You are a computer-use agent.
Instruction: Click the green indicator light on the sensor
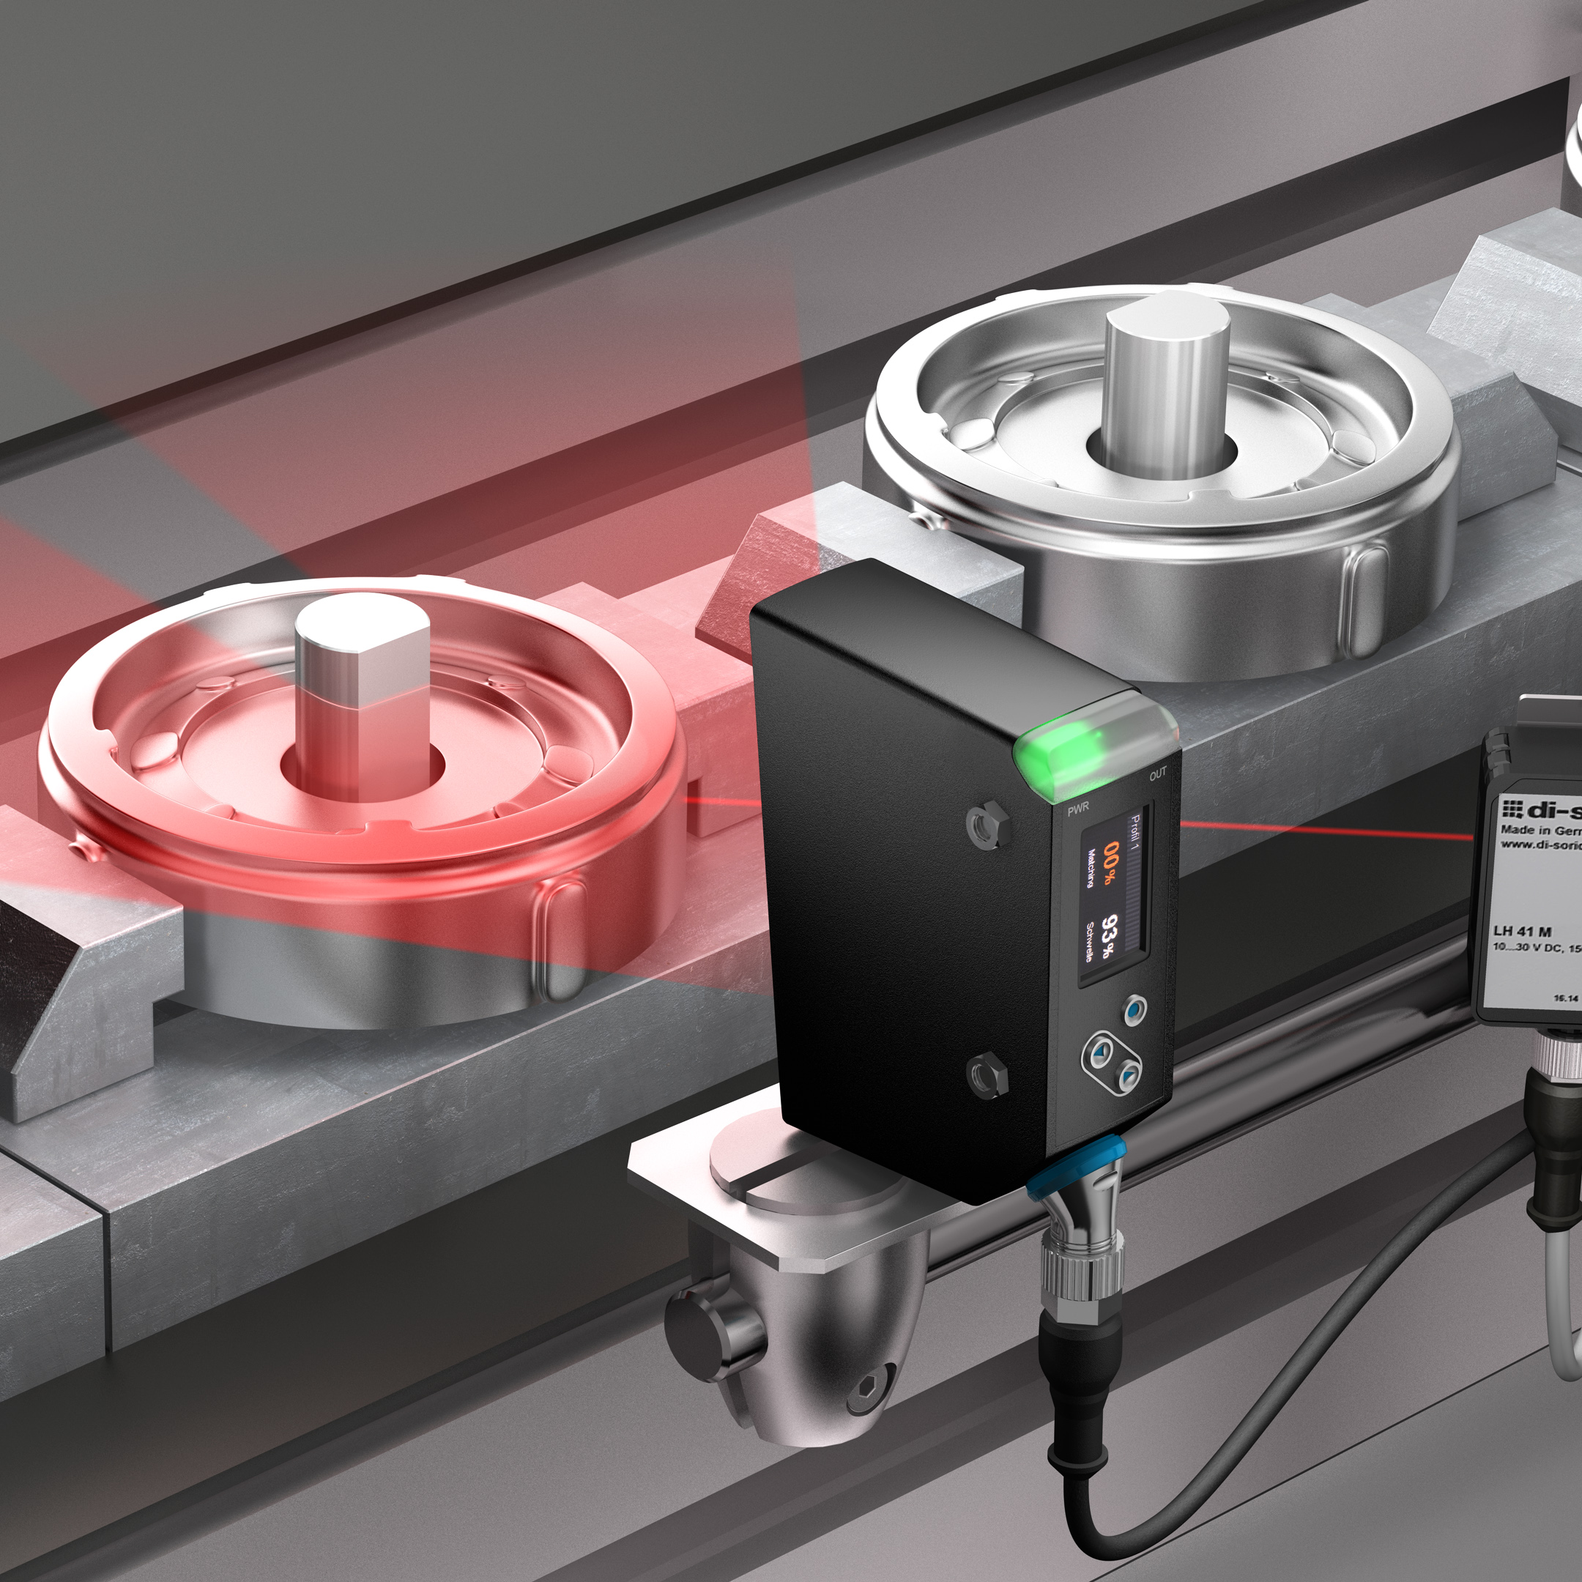pyautogui.click(x=1064, y=749)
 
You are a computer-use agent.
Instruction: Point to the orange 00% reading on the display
pyautogui.click(x=1110, y=862)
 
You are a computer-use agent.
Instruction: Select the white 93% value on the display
pyautogui.click(x=1110, y=936)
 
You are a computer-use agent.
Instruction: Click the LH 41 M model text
pyautogui.click(x=1521, y=931)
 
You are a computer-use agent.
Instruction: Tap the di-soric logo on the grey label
pyautogui.click(x=1540, y=810)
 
